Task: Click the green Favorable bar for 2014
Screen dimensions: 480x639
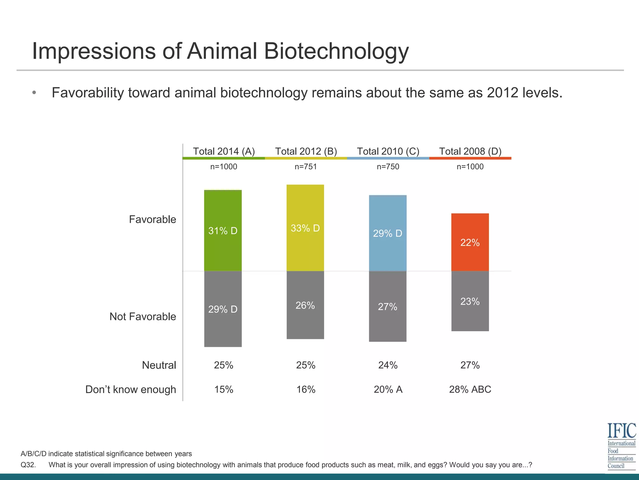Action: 223,230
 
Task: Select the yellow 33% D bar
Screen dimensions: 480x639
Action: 305,228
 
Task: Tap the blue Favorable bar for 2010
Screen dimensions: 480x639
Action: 388,233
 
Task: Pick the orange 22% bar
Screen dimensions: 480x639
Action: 470,242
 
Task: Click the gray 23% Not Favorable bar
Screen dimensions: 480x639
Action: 470,301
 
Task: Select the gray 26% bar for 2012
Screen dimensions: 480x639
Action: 305,305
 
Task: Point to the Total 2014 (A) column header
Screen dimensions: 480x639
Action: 224,151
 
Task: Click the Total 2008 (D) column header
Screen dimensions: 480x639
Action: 470,151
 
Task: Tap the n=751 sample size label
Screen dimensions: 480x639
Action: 306,167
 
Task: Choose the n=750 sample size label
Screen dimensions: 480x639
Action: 388,167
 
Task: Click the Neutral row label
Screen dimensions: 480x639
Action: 159,365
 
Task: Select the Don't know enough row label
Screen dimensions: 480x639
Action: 130,389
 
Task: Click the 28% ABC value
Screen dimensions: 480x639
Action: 470,389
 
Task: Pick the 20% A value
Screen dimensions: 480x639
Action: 388,389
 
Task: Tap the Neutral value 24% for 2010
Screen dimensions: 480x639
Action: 388,365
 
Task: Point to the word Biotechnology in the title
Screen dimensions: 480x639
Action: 336,51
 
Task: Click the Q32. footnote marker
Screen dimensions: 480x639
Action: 28,465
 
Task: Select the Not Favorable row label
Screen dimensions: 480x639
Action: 143,317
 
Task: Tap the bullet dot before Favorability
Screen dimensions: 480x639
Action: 34,93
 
